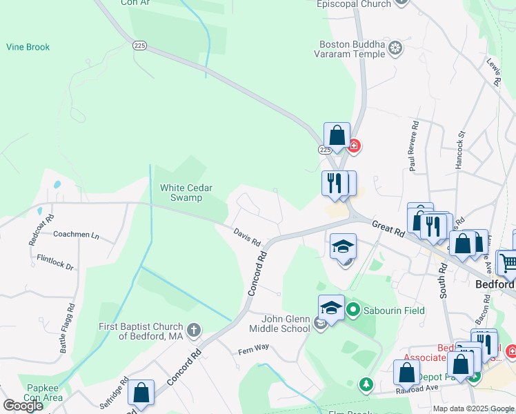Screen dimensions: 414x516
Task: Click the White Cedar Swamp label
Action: click(186, 193)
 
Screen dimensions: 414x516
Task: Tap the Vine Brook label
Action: click(28, 48)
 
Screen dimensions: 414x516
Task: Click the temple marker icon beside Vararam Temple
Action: click(395, 48)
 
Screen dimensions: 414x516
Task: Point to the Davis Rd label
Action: click(246, 238)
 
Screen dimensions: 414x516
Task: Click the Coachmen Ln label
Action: click(76, 235)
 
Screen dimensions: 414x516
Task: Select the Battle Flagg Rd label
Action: click(68, 329)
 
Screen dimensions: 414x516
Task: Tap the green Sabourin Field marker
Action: click(354, 309)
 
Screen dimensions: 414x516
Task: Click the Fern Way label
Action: click(253, 348)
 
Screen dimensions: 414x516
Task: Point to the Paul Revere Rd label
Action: click(414, 147)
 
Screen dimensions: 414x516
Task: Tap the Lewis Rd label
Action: click(494, 72)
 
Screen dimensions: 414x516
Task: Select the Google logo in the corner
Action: click(23, 405)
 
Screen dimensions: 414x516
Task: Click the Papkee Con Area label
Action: click(45, 393)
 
